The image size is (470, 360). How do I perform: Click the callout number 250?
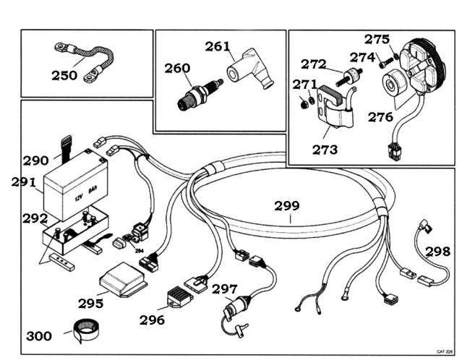[x=65, y=74]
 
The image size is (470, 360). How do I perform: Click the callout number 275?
[x=377, y=39]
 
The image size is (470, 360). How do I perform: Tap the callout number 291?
[x=24, y=182]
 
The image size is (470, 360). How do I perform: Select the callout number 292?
[x=35, y=217]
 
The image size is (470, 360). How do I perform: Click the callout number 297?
[x=225, y=289]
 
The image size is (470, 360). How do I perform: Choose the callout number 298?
[x=438, y=252]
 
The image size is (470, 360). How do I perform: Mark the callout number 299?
[x=287, y=205]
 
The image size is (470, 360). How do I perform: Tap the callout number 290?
[x=36, y=160]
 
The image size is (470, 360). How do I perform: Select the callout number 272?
[x=314, y=64]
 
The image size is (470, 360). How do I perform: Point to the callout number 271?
[x=304, y=85]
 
